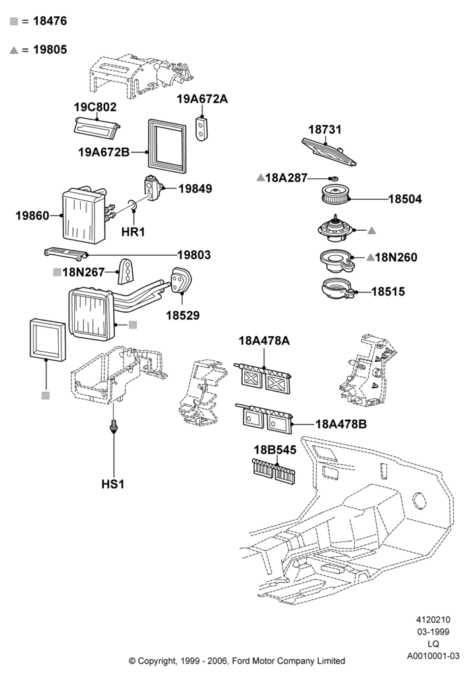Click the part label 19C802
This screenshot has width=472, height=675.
click(95, 107)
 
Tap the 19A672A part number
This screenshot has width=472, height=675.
click(202, 99)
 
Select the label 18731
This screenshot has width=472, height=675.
click(324, 130)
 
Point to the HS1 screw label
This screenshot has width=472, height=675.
click(113, 484)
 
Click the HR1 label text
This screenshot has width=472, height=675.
click(133, 232)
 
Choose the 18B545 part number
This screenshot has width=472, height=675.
click(274, 450)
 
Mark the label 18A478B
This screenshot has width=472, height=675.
click(341, 424)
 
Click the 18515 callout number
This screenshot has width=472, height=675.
click(388, 292)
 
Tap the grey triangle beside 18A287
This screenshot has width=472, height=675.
click(260, 178)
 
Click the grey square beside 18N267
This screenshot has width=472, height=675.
click(57, 272)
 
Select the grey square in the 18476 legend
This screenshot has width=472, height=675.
click(13, 21)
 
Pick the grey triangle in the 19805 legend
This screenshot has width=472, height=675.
click(13, 50)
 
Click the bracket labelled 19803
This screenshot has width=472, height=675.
click(66, 254)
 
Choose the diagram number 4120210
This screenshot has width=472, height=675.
click(433, 620)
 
